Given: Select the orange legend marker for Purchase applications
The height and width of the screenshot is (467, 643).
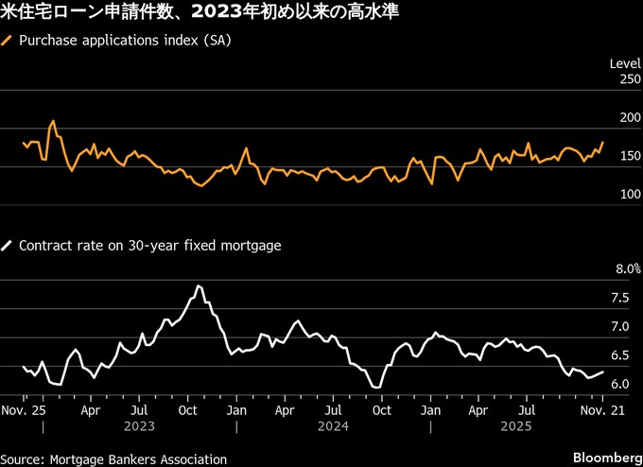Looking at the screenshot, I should click(9, 42).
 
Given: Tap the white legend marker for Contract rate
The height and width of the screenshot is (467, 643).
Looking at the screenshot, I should click(9, 246).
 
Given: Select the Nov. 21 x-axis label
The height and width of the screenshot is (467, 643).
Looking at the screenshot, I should click(601, 411).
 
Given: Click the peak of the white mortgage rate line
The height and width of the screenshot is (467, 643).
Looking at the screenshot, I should click(199, 285).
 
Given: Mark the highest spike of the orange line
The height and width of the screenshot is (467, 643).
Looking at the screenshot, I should click(53, 121).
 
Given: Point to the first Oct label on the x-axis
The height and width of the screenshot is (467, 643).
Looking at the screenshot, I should click(187, 411).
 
